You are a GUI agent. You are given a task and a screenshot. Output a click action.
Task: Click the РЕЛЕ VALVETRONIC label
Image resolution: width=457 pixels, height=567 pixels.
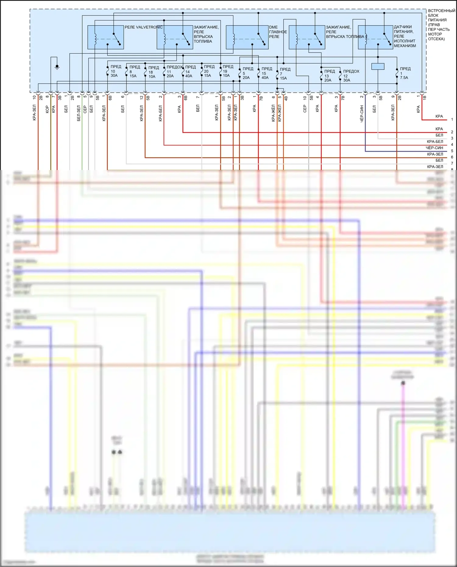[143, 27]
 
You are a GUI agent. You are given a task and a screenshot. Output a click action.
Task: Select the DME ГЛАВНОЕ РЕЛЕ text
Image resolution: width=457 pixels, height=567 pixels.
[278, 32]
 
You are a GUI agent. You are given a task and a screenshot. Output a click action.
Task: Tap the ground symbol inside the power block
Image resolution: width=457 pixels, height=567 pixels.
[57, 67]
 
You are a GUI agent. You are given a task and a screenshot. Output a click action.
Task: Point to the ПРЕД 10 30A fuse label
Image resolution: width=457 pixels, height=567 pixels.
[115, 71]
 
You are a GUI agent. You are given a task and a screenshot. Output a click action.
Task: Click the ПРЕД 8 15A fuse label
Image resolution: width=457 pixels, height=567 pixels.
[134, 71]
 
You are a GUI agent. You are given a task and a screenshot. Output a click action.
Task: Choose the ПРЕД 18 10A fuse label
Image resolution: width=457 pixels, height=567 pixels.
[153, 72]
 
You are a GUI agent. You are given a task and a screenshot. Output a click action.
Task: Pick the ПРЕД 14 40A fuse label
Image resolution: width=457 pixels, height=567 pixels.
[190, 71]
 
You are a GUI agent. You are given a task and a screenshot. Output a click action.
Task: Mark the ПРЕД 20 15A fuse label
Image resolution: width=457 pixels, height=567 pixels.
[209, 71]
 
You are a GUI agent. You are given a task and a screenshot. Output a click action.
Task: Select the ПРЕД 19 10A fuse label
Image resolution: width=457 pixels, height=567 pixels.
[227, 71]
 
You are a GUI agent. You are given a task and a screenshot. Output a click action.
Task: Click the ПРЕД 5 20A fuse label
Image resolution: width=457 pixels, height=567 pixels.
[247, 73]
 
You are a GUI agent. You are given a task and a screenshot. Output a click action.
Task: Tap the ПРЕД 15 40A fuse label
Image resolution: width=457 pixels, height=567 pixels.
[266, 73]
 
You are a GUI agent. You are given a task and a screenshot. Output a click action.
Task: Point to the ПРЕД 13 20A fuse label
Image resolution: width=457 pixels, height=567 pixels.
[329, 76]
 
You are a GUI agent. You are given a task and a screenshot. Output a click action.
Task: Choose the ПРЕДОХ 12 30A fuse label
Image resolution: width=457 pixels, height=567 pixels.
[351, 76]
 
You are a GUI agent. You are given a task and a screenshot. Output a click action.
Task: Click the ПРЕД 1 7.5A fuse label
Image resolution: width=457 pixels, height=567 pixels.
[405, 73]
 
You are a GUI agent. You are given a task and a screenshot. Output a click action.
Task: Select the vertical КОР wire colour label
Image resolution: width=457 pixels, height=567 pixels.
[47, 109]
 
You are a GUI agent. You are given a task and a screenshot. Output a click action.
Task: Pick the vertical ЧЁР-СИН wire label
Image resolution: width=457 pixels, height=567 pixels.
[362, 114]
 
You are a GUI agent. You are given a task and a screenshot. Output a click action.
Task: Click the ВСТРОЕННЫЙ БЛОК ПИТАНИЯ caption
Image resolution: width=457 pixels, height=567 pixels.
[441, 25]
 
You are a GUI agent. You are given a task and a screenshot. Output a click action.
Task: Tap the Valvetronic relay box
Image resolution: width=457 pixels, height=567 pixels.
[105, 37]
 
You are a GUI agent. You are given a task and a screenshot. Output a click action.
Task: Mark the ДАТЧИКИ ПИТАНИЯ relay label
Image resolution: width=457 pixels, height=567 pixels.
[404, 36]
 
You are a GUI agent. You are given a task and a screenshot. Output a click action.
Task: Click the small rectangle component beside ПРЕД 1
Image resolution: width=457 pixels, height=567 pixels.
[378, 66]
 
